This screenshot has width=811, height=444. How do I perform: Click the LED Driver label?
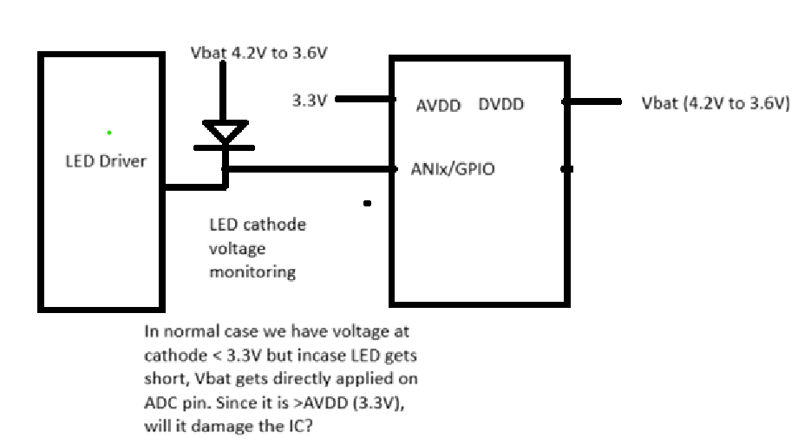106,161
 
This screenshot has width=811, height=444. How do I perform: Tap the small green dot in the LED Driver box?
109,133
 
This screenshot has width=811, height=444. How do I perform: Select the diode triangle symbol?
225,131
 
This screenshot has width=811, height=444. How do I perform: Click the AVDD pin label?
438,106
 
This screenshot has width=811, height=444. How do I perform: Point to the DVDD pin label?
501,104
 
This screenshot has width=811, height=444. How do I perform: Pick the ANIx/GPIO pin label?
453,169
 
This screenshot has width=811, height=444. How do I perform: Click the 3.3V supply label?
310,101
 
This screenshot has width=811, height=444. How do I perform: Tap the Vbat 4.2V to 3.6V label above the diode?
258,53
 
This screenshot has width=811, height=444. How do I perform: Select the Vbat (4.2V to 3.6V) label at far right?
716,103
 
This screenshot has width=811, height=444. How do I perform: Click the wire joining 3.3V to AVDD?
365,99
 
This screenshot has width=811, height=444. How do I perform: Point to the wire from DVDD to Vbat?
592,101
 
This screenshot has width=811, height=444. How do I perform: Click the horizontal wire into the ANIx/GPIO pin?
311,169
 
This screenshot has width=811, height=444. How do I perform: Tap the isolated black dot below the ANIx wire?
367,204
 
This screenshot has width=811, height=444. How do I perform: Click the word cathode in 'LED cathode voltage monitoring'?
274,225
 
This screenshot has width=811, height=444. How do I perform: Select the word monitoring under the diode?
252,272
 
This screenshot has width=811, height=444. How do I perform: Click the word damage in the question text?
222,427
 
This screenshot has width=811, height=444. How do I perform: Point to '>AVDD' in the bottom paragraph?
321,402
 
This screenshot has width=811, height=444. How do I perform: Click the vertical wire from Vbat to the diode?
223,91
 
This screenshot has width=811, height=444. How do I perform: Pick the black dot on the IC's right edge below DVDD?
567,169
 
